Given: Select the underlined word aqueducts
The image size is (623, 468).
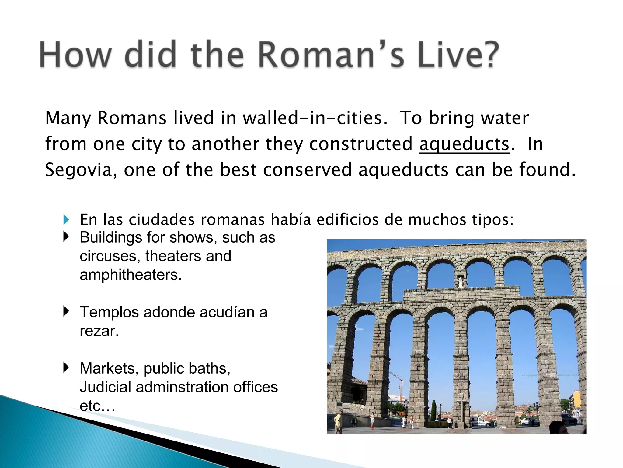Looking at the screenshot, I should (x=464, y=144).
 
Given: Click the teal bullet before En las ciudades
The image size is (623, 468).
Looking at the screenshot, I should (x=66, y=220).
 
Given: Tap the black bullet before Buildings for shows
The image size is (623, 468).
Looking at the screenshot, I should (x=66, y=236).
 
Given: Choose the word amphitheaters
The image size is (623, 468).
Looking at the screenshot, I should (x=131, y=275).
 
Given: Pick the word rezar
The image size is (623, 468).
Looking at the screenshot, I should (x=99, y=331).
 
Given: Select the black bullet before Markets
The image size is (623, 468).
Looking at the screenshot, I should (x=66, y=367).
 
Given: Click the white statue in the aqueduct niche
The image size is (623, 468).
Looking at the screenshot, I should (x=461, y=282).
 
